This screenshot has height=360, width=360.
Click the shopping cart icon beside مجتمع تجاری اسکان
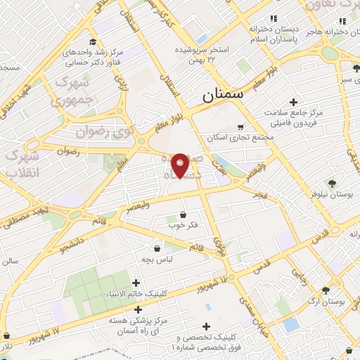(x=241, y=127)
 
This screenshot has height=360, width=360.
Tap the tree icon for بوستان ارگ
(x=325, y=289)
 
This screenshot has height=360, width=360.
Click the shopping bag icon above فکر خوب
(x=184, y=214)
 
